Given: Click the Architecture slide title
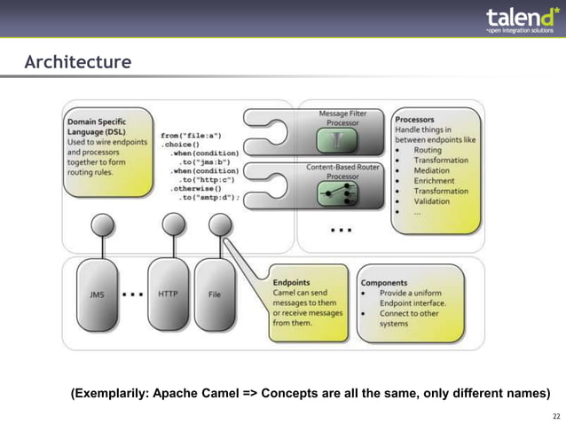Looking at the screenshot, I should [x=78, y=63].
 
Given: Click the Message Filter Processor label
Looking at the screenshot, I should [x=342, y=118].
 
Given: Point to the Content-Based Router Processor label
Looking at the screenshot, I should [x=342, y=171].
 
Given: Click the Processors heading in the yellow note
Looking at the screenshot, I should [x=414, y=119].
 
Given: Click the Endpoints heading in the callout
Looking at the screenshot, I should [x=292, y=282].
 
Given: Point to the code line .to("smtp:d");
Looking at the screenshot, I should [x=208, y=197].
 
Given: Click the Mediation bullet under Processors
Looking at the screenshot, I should [x=433, y=170].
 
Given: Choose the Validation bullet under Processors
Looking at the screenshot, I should [x=433, y=201].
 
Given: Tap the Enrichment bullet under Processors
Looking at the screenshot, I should [x=434, y=181].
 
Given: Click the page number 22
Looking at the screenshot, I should [x=555, y=416].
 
